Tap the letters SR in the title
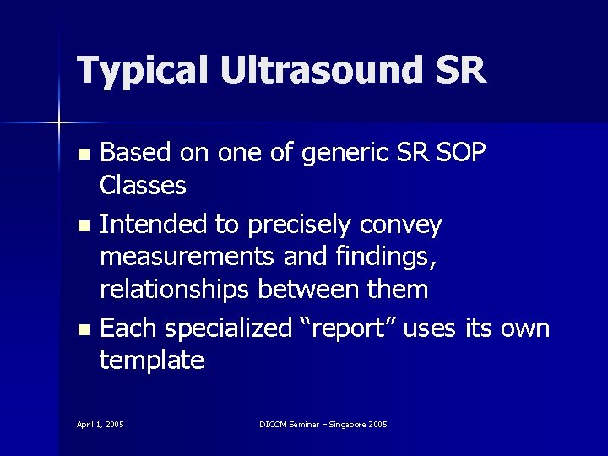pyautogui.click(x=461, y=70)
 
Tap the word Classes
pyautogui.click(x=143, y=186)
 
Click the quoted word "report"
pyautogui.click(x=346, y=328)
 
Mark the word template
pyautogui.click(x=152, y=361)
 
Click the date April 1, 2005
pyautogui.click(x=100, y=423)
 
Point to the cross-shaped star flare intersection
pyautogui.click(x=59, y=123)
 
